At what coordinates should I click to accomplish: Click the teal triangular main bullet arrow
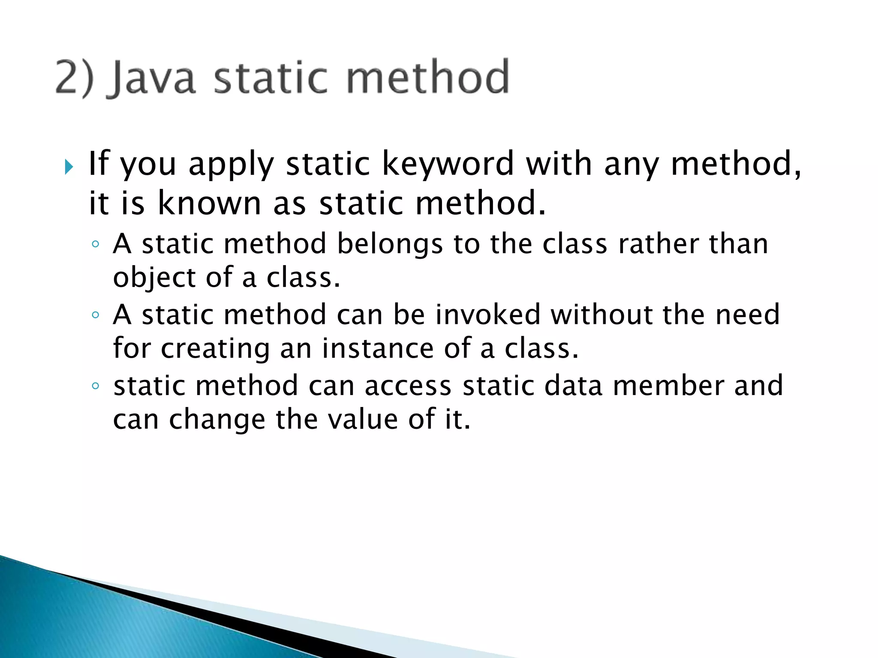(x=69, y=167)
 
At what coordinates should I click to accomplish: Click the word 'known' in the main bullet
(x=209, y=203)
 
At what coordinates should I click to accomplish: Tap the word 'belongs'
(x=390, y=244)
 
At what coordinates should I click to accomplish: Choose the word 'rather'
(x=658, y=244)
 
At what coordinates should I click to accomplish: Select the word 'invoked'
(x=488, y=315)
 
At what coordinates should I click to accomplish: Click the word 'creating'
(x=215, y=349)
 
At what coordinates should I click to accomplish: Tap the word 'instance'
(x=378, y=348)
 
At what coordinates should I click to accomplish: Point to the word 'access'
(x=408, y=386)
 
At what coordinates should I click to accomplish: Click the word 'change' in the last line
(x=217, y=420)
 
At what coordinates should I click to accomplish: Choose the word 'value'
(x=363, y=419)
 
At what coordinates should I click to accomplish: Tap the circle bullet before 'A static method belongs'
(x=96, y=245)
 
